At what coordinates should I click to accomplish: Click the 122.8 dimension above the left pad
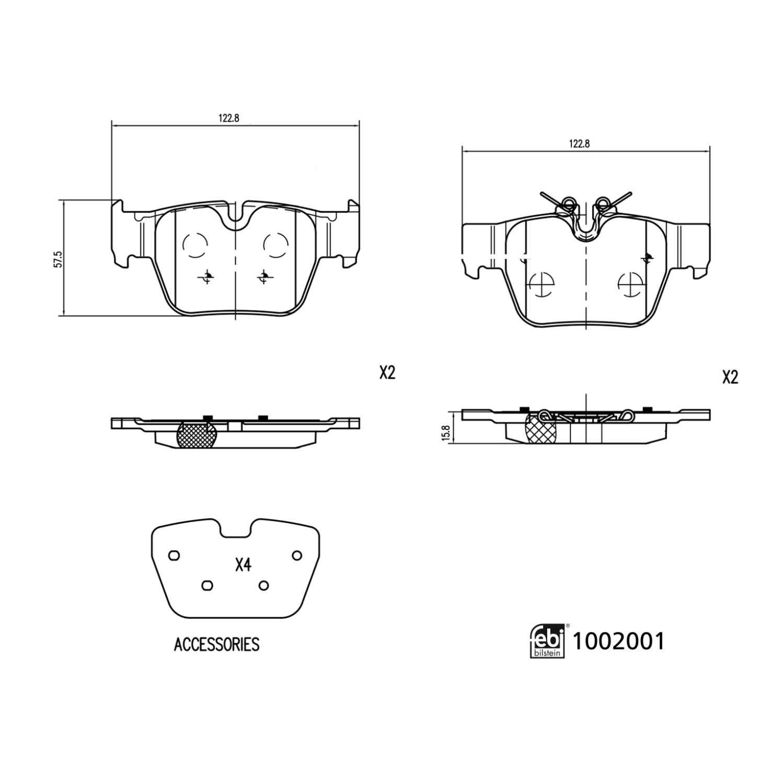point(228,118)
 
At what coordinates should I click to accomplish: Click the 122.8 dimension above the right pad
point(579,144)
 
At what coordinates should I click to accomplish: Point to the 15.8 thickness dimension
point(446,433)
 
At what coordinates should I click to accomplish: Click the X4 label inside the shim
point(244,565)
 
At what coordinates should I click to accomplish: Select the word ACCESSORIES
point(216,644)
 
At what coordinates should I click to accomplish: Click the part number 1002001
point(619,641)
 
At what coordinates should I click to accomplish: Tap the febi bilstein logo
point(548,641)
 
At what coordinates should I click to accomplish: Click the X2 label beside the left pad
point(387,373)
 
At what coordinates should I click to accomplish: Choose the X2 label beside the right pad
point(730,377)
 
